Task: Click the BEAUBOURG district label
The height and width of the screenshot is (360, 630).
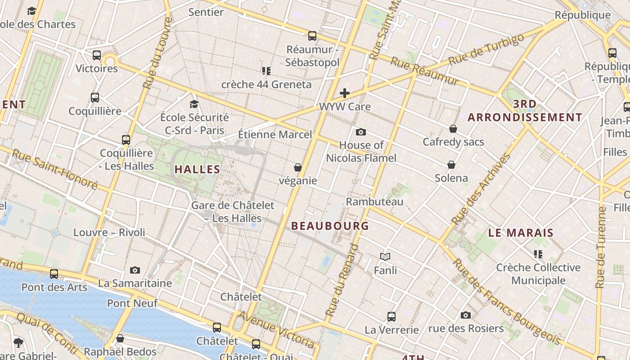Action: pos(330,226)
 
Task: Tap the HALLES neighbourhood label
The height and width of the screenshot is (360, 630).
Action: pos(197,170)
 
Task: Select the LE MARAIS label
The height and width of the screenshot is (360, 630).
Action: pos(521,233)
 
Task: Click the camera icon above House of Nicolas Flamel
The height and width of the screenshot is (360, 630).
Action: pos(360,132)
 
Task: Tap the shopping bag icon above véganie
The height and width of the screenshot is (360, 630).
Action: pos(297,167)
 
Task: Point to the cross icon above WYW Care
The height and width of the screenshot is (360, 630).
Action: pos(345,93)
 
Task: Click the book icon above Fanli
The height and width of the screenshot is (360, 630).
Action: pos(385,256)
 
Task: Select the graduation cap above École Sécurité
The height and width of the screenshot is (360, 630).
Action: pos(194,104)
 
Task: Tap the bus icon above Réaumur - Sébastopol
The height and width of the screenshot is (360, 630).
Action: pos(312,36)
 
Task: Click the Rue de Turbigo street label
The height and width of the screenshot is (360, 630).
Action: pos(487,50)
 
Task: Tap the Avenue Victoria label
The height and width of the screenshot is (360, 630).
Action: pos(276,329)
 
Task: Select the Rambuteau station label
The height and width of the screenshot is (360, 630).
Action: pos(374,202)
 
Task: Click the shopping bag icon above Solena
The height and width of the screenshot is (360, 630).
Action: pos(451,165)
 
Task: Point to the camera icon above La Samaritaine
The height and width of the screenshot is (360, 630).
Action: pos(135,270)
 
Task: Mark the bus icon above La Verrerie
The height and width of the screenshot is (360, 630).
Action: pos(391,316)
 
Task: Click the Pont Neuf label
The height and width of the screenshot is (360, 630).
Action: pos(132,303)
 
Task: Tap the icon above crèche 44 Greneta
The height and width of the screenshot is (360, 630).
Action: pos(266,71)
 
